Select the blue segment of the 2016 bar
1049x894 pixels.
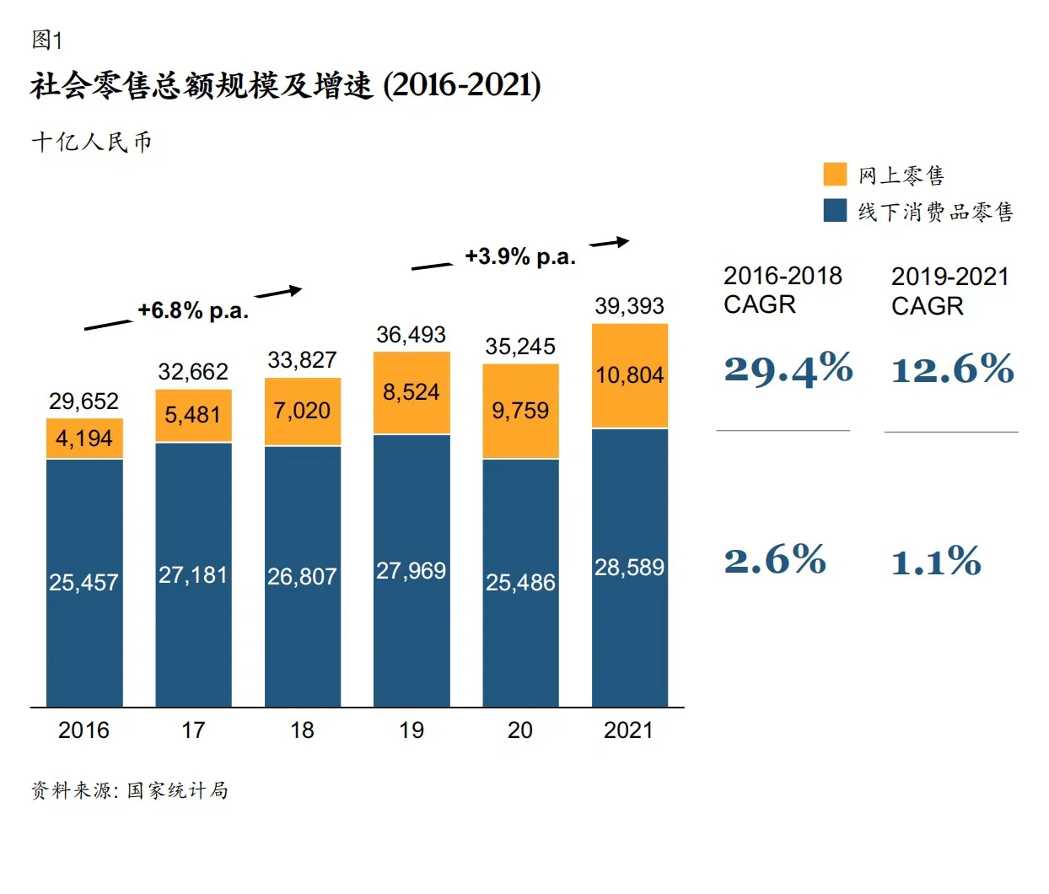point(84,582)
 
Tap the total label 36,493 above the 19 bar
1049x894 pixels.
point(411,335)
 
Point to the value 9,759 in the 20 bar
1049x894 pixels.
point(520,411)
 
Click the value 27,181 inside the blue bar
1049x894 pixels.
point(193,575)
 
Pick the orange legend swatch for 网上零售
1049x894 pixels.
point(835,175)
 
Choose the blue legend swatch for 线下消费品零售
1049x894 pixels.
point(835,211)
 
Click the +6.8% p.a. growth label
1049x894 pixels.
point(193,311)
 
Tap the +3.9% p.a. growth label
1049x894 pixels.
point(520,256)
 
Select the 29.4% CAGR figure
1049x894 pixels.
point(788,369)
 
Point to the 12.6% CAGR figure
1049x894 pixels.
point(952,369)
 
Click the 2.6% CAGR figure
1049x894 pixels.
point(774,560)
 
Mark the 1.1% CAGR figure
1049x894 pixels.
point(936,562)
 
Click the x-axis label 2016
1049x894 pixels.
point(83,730)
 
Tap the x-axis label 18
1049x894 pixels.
point(302,730)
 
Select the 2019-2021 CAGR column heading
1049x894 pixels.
point(949,291)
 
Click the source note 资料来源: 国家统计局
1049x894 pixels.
point(130,790)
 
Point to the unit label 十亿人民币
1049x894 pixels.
point(91,142)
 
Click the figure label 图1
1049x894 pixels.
point(46,40)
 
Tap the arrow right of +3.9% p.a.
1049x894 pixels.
point(609,243)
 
